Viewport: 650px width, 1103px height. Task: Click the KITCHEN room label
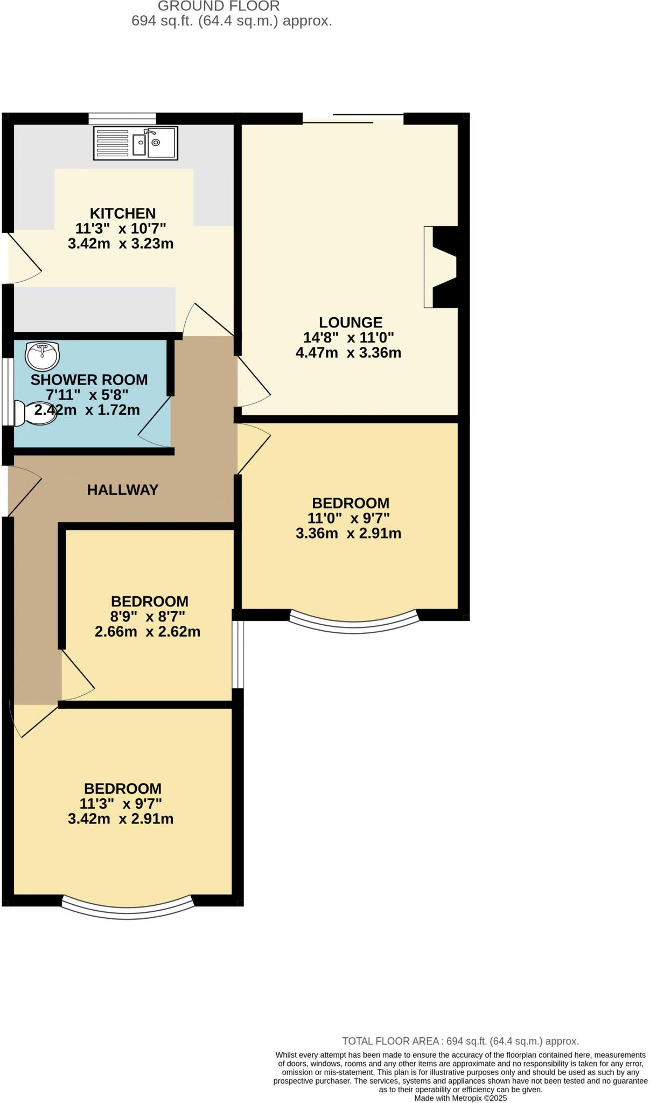point(122,213)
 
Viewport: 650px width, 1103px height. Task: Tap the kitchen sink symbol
point(135,143)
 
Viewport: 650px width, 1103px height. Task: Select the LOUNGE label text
point(351,323)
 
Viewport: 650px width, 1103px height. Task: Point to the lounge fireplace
point(443,267)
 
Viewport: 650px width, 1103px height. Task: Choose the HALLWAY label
point(123,490)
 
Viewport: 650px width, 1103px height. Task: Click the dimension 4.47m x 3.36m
point(348,353)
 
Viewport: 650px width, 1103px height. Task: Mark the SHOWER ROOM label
point(89,380)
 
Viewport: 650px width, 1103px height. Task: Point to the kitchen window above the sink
point(122,118)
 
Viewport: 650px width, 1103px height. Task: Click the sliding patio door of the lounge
point(353,118)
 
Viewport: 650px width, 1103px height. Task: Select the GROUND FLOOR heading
point(219,6)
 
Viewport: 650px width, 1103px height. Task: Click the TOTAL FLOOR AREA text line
point(460,1041)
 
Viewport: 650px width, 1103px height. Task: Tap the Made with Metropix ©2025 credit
point(460,1098)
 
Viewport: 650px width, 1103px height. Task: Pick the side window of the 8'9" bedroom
point(237,654)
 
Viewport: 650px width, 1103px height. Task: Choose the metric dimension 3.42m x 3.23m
point(121,243)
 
